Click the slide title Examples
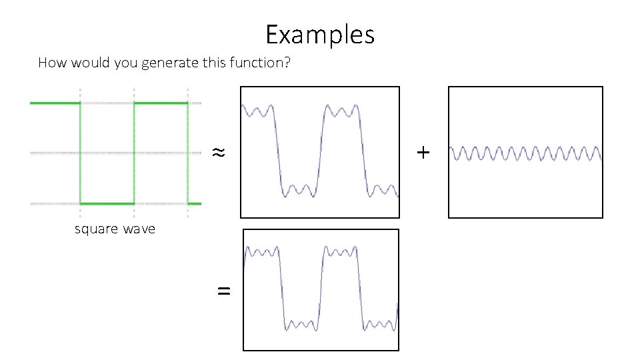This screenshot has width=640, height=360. (x=320, y=34)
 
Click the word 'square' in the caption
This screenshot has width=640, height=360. (x=96, y=229)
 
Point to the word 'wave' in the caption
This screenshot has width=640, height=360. (x=139, y=229)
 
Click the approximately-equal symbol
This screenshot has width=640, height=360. (x=218, y=153)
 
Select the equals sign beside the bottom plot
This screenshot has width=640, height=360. (x=224, y=290)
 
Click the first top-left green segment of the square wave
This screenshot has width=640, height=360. (x=55, y=103)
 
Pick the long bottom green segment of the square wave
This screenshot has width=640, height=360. (x=107, y=203)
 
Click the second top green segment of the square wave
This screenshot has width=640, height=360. (x=161, y=103)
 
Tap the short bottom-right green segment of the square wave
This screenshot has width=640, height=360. (x=194, y=203)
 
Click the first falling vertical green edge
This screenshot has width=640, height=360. (x=81, y=153)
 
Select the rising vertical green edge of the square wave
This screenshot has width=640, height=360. (x=134, y=153)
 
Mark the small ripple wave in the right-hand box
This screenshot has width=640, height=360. (x=526, y=153)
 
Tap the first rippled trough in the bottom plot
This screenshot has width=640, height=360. (x=301, y=325)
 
